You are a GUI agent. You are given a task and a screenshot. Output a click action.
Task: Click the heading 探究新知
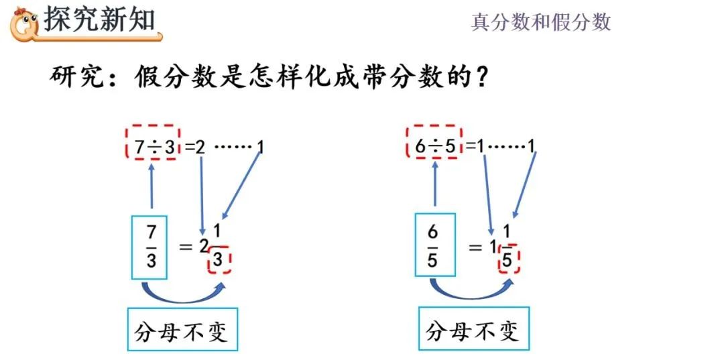point(99,19)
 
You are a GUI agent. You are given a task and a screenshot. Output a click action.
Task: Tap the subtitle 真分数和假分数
point(541,22)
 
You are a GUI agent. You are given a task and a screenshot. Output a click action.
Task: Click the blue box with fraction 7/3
point(151,247)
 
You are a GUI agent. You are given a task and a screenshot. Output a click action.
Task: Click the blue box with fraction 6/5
point(432,245)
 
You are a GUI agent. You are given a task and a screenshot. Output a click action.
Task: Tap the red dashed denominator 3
point(219,260)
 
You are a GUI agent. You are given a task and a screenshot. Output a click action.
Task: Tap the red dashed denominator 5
point(509,260)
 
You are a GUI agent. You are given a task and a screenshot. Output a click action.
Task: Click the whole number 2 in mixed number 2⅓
point(204,247)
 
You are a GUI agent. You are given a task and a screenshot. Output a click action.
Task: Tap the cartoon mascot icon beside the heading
point(25,22)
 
